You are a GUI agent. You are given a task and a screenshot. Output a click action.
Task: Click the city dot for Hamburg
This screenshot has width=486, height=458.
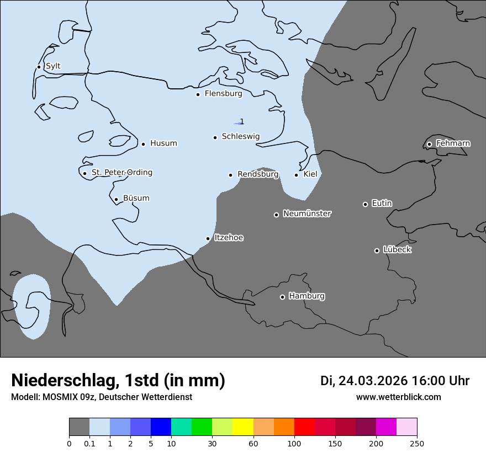coord(282,297)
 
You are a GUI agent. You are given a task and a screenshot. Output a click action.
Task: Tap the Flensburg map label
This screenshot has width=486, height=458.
coord(223,94)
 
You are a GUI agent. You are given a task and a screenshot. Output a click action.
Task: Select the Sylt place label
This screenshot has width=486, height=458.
coord(53,66)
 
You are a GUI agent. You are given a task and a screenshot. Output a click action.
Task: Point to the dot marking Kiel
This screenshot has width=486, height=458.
coord(297,175)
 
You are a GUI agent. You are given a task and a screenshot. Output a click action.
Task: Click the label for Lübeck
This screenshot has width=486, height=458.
coord(397,250)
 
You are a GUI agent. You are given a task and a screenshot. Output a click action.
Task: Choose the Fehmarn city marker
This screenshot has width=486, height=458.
coord(429,144)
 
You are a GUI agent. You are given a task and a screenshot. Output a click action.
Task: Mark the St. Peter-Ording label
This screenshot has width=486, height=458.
coord(121,173)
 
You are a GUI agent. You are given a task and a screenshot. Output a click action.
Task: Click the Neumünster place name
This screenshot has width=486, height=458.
coord(307,214)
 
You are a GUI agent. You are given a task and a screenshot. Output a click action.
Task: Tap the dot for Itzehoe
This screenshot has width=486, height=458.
coord(208,238)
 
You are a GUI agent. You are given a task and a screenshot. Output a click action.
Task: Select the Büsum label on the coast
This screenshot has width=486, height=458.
coord(136,199)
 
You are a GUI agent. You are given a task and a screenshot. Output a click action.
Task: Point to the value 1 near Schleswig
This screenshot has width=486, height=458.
coord(242,122)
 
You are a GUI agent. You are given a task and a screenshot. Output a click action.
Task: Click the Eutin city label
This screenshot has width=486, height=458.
coord(382,204)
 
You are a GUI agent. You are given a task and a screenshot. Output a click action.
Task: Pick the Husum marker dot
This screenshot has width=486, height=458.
coord(143,144)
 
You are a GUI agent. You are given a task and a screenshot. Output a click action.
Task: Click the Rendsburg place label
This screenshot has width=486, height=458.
coord(258,174)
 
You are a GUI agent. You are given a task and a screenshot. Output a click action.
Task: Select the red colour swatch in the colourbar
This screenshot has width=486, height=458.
coord(304,427)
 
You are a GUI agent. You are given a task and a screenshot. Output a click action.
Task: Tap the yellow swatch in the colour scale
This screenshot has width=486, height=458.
coord(243,427)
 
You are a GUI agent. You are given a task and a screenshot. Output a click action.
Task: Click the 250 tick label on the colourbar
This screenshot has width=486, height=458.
coord(417,443)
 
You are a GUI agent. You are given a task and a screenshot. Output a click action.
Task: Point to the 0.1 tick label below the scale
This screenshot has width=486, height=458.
coord(89,443)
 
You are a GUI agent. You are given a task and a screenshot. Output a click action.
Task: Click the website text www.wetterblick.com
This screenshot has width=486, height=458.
coord(398,397)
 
